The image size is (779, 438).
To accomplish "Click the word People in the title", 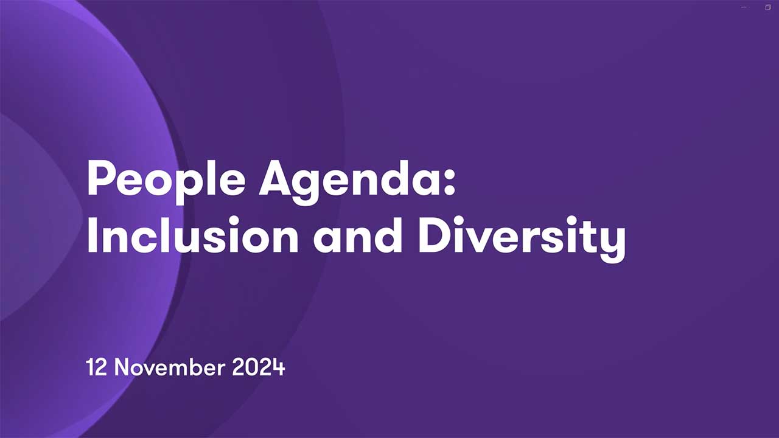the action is (x=166, y=182).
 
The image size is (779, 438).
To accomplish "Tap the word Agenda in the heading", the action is (x=352, y=182).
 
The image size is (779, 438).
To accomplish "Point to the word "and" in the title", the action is (x=357, y=235).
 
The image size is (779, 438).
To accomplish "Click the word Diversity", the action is (x=522, y=238).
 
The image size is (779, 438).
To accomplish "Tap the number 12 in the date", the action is (x=96, y=367).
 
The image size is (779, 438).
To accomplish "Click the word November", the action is (x=169, y=367).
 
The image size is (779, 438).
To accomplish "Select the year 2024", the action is (x=259, y=367).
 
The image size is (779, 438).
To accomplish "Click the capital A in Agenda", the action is (x=274, y=178).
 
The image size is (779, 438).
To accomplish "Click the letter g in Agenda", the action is (x=305, y=188).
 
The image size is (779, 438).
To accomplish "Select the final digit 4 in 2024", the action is (x=279, y=367).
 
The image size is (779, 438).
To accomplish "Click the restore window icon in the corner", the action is (x=768, y=7).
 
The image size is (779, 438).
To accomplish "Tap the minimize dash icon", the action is (x=744, y=7).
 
